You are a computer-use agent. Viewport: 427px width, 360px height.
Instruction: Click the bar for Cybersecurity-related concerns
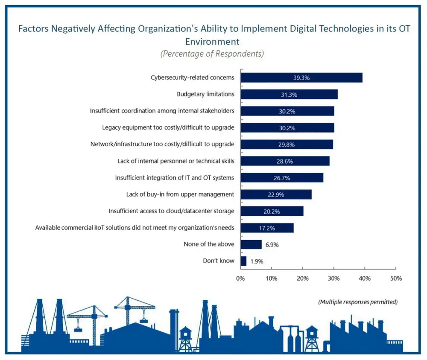[x=301, y=78]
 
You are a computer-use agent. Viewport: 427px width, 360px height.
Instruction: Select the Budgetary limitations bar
[x=289, y=94]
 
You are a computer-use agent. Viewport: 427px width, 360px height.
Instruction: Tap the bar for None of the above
[x=251, y=244]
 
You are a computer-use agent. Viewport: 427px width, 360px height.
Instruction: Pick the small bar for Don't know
[x=243, y=261]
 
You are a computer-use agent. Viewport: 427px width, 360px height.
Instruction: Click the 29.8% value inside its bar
[x=286, y=145]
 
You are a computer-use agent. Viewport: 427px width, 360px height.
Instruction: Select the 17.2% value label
[x=267, y=228]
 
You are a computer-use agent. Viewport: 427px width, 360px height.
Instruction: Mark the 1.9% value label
[x=256, y=261]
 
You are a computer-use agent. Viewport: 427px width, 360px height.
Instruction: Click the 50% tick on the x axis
[x=396, y=279]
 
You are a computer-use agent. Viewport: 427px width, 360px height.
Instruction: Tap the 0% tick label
[x=240, y=279]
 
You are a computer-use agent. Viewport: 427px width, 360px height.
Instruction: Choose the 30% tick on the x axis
[x=333, y=279]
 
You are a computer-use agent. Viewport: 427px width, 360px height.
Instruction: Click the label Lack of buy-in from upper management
[x=180, y=195]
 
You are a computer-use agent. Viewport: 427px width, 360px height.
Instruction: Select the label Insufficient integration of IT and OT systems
[x=175, y=178]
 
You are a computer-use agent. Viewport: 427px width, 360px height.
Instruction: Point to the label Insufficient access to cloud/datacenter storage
[x=171, y=211]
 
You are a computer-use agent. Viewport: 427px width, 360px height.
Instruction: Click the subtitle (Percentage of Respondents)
[x=212, y=54]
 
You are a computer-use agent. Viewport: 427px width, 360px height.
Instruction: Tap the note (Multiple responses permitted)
[x=358, y=302]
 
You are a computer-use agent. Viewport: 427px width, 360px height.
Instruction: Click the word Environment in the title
[x=212, y=42]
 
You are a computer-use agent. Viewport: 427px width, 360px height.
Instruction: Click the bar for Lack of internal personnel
[x=285, y=161]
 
